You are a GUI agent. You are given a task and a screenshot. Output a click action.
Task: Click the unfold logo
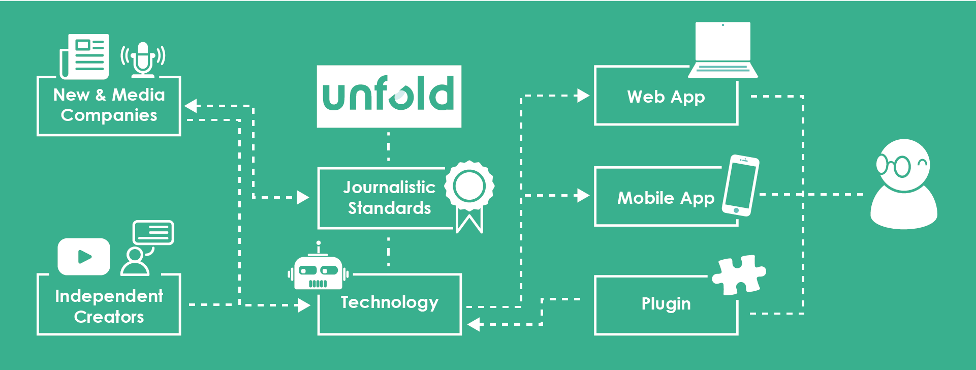pyautogui.click(x=389, y=96)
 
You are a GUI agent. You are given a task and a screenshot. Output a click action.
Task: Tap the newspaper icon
pyautogui.click(x=85, y=56)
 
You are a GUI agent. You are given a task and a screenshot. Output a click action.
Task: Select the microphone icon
pyautogui.click(x=143, y=58)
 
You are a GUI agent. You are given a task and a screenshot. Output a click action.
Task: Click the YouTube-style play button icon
pyautogui.click(x=84, y=257)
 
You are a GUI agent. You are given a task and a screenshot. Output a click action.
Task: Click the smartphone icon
pyautogui.click(x=741, y=186)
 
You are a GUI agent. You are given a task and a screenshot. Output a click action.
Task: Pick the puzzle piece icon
pyautogui.click(x=739, y=275)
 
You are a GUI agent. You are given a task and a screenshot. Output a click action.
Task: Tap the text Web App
pyautogui.click(x=666, y=97)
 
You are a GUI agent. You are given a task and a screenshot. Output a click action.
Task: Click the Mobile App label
pyautogui.click(x=666, y=198)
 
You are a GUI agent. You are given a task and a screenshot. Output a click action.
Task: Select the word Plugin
pyautogui.click(x=666, y=304)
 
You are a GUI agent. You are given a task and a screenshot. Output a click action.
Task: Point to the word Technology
pyautogui.click(x=390, y=302)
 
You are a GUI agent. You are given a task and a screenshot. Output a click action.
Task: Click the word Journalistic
pyautogui.click(x=389, y=187)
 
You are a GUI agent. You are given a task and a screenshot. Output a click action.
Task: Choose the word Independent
pyautogui.click(x=109, y=296)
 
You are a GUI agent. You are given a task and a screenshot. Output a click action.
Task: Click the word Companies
pyautogui.click(x=109, y=115)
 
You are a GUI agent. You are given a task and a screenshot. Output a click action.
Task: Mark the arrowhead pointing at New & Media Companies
pyautogui.click(x=191, y=106)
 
